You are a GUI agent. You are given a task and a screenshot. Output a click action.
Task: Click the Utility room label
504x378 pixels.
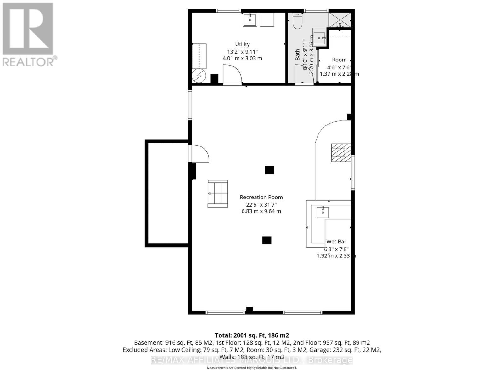242,44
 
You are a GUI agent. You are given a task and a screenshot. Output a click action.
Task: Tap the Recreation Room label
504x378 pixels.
261,197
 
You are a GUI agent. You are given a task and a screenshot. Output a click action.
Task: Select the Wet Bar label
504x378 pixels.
336,242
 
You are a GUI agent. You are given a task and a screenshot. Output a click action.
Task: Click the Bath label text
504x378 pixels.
297,55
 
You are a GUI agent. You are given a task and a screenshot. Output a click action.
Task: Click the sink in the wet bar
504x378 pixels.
323,212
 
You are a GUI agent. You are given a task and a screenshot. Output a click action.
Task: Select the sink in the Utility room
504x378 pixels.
250,20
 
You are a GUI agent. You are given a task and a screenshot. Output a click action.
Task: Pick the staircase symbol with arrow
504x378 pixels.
217,194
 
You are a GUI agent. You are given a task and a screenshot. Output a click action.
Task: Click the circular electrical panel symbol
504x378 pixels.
199,76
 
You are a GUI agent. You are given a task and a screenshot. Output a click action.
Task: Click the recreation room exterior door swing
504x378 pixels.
199,153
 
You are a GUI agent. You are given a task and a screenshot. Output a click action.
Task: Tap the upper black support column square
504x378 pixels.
269,170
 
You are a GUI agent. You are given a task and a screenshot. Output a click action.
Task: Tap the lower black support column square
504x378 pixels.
267,240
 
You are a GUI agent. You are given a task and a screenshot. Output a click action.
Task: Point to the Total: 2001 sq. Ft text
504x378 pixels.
252,335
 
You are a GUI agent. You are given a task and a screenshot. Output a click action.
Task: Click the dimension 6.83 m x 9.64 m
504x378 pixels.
261,211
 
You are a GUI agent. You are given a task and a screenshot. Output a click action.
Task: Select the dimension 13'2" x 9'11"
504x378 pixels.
242,52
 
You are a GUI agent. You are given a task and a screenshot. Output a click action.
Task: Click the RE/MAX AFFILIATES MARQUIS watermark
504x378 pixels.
252,360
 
